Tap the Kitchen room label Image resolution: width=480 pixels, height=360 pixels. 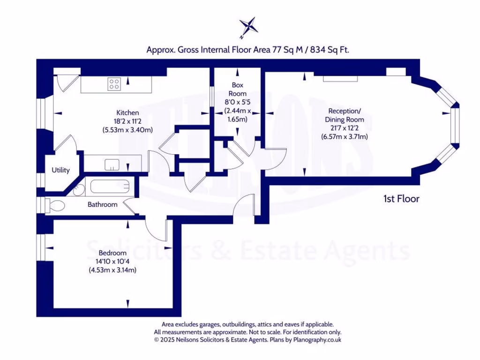tap(127, 113)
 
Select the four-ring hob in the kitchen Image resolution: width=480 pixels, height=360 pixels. tap(114, 84)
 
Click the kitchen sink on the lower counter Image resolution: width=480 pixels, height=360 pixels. tap(112, 164)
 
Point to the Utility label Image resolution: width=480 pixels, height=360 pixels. tap(60, 170)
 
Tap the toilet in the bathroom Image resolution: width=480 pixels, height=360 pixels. tap(55, 205)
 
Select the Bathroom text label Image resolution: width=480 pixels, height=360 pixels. tap(103, 205)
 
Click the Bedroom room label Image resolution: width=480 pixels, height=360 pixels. tap(112, 253)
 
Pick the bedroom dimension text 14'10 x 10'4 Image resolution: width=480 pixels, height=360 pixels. tap(112, 262)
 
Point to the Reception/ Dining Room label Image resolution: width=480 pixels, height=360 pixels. tap(345, 115)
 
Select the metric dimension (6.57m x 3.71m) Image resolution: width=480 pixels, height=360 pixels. tap(345, 137)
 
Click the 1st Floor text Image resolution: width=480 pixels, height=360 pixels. tap(401, 199)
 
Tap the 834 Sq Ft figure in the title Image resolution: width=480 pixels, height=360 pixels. tap(330, 50)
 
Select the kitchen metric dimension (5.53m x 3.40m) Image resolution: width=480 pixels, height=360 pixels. tap(127, 130)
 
